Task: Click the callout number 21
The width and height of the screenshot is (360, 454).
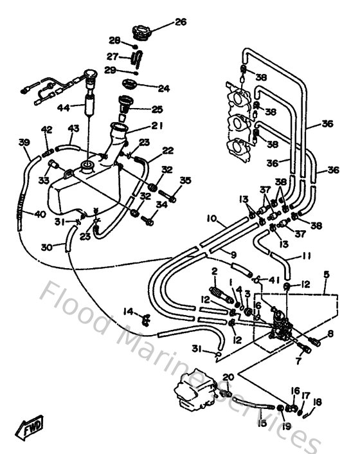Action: click(157, 125)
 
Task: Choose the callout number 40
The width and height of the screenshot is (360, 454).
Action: click(40, 214)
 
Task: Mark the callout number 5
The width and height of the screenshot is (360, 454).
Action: click(327, 275)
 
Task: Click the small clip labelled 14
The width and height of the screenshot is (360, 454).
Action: click(146, 316)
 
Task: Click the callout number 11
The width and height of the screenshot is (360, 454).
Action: click(306, 256)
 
